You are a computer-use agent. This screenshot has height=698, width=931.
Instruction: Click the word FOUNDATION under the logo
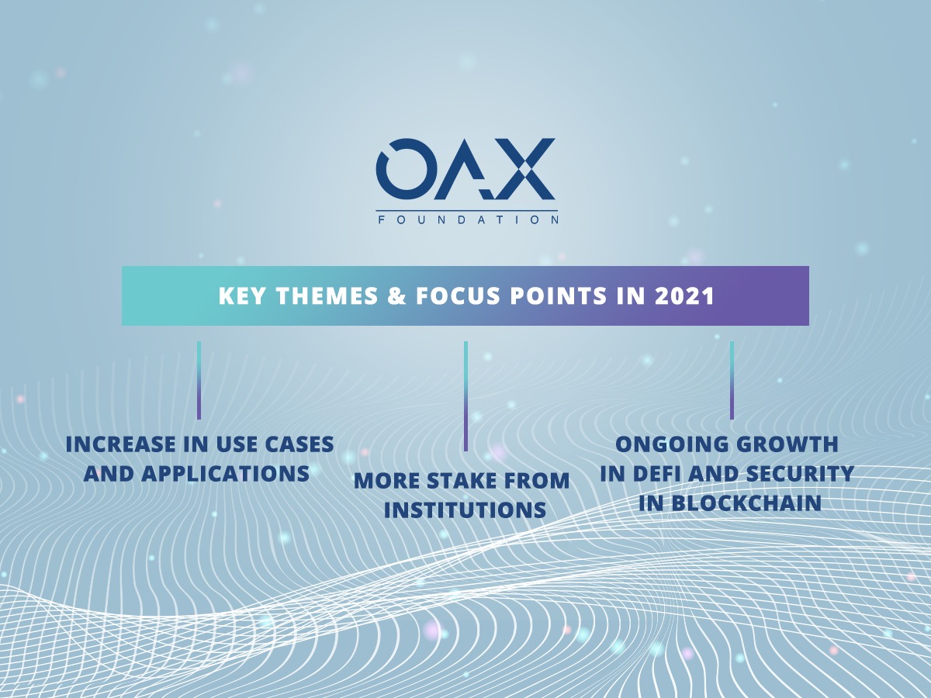pos(467,220)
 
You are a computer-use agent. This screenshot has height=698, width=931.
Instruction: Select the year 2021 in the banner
pos(685,296)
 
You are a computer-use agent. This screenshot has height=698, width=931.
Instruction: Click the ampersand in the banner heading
pos(396,296)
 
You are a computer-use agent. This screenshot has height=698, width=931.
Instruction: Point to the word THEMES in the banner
pos(327,296)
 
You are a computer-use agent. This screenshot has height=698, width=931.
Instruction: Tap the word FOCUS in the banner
pos(458,296)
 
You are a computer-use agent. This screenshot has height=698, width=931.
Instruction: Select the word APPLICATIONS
pos(225,474)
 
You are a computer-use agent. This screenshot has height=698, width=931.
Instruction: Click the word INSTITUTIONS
pos(465,510)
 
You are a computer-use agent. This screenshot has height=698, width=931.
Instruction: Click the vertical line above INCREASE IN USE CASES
pos(199,380)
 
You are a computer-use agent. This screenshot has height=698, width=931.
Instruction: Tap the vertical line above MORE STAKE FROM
pos(465,396)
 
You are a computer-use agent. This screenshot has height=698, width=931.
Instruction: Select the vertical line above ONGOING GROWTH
pos(732,380)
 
